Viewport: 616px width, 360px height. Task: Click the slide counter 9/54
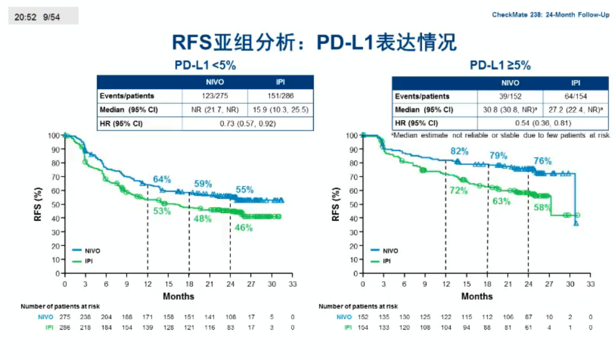coord(51,17)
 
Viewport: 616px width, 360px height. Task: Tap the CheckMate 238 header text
coord(550,15)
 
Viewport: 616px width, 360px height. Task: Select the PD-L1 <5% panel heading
coord(205,65)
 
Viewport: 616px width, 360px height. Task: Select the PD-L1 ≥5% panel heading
coord(500,65)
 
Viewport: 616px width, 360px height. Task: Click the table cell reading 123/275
coord(214,96)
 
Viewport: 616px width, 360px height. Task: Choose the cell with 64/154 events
coord(576,96)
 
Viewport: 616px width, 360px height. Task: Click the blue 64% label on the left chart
coord(162,179)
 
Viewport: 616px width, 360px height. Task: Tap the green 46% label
coord(244,228)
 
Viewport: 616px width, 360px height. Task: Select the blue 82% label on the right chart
coord(459,151)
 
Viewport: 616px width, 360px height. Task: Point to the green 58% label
coord(542,208)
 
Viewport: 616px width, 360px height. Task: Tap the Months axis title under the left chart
coord(178,296)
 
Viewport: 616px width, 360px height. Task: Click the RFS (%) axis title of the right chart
coord(335,204)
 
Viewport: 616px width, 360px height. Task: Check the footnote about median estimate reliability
coord(501,135)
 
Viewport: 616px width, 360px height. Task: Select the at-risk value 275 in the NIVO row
coord(65,317)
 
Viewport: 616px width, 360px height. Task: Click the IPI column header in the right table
coord(576,83)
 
